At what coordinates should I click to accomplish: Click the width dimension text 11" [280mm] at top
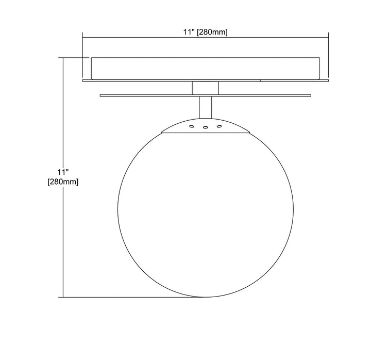tap(206, 32)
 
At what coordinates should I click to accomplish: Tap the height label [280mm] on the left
tap(63, 182)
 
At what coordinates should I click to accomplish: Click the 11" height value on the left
tap(63, 172)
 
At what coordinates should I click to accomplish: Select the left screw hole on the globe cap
tap(191, 127)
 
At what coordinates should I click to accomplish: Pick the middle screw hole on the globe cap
tap(206, 128)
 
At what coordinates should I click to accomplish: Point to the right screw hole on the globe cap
tap(220, 126)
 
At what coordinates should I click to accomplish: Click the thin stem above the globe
tap(206, 107)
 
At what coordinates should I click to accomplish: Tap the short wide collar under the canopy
tap(206, 88)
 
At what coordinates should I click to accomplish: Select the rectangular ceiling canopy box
tap(206, 68)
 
